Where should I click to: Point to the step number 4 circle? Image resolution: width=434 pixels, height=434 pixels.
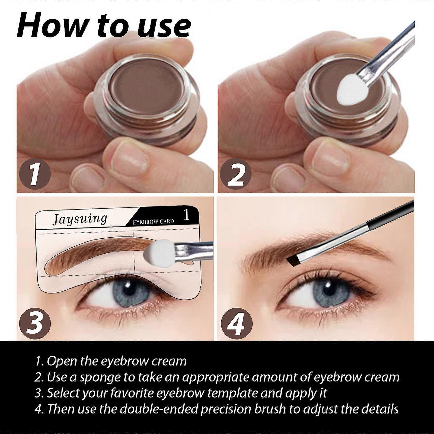tap(236, 323)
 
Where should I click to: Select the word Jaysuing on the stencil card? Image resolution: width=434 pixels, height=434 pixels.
tap(80, 219)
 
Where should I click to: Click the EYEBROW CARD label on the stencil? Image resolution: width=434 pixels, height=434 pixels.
tap(153, 222)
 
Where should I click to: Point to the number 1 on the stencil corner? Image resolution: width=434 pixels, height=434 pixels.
tap(186, 215)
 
